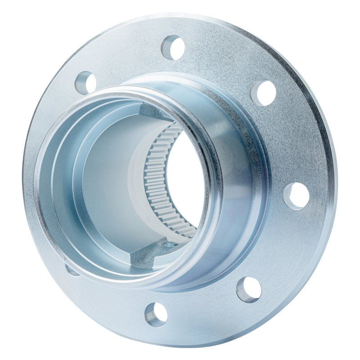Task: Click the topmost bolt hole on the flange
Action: [x=173, y=47]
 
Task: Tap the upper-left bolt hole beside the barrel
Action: [x=85, y=82]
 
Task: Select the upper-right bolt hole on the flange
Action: [x=263, y=93]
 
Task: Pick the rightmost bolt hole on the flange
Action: [x=296, y=196]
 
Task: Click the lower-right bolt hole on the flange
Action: [x=249, y=289]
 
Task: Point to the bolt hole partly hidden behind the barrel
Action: [x=71, y=270]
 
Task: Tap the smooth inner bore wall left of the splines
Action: [x=108, y=180]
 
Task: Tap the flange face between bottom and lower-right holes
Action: [x=202, y=310]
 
